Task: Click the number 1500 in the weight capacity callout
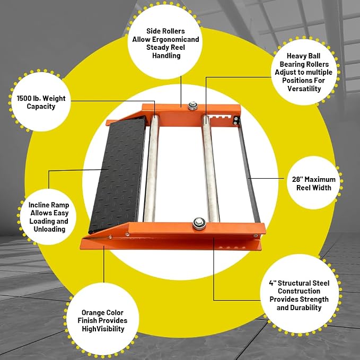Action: [24, 99]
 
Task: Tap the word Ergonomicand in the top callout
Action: [175, 39]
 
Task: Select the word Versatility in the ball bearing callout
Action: [304, 89]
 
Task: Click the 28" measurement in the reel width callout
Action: [297, 179]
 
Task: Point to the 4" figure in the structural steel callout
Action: [273, 283]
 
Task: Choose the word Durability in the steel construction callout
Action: [306, 308]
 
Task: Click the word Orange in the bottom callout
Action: [92, 313]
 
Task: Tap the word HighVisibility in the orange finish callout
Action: [103, 329]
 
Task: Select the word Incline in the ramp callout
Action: [39, 205]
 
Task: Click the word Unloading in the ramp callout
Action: [49, 230]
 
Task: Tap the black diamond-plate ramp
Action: [117, 174]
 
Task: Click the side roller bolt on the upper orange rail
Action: [192, 106]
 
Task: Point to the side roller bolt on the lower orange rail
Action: [199, 223]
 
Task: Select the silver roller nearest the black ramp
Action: [151, 169]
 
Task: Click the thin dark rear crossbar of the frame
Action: [249, 171]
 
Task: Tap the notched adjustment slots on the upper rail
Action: [220, 118]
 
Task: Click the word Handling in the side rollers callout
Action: [166, 56]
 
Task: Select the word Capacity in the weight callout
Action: [41, 107]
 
